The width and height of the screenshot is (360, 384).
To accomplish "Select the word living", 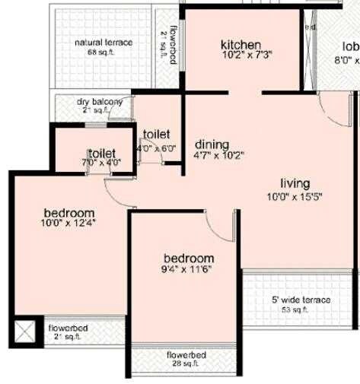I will [x=295, y=183].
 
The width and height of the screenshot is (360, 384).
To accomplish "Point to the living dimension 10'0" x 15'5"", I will [x=295, y=196].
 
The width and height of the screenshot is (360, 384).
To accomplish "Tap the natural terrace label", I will [x=104, y=43].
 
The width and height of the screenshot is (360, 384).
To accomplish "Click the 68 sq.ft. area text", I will [x=103, y=52].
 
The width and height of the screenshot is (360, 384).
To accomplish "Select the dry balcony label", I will [x=100, y=101].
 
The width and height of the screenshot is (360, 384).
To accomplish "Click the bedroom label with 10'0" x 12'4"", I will [x=68, y=212].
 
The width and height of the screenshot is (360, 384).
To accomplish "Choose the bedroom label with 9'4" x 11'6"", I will [x=188, y=258].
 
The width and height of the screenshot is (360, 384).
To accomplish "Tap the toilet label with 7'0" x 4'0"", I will [x=100, y=154].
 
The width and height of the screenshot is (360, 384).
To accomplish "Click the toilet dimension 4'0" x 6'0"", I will [x=157, y=148].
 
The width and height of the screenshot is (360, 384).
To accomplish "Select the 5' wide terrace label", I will [x=301, y=300].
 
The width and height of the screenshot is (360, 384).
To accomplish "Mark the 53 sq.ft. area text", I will [x=295, y=309].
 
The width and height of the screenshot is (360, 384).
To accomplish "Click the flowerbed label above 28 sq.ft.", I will [x=186, y=354].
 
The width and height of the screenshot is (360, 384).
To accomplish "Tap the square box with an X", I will [x=25, y=331].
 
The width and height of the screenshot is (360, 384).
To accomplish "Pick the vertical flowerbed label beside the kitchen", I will [x=174, y=46].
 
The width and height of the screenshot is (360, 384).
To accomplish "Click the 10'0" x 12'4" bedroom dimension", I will [x=68, y=224].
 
